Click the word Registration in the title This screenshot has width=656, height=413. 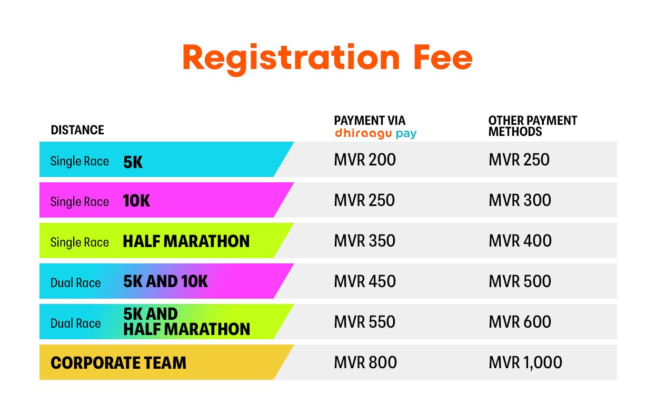291,59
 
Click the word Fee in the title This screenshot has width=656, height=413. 443,57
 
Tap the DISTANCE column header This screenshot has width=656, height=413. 77,130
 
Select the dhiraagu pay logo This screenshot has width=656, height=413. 375,134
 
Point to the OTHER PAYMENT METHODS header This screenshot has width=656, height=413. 532,126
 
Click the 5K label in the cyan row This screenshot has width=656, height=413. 133,162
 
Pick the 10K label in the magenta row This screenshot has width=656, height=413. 136,201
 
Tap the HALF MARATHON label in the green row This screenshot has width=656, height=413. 186,241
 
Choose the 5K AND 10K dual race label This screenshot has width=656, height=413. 165,281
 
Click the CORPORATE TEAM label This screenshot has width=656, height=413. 118,363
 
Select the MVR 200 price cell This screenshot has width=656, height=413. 365,160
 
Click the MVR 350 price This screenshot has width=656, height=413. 365,241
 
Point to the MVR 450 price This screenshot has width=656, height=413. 365,281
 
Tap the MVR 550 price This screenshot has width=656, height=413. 365,322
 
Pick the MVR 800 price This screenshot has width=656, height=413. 365,362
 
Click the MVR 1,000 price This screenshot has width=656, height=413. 525,363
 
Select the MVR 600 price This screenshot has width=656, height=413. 520,322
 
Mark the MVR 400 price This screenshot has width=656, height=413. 520,241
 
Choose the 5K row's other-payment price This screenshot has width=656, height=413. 519,160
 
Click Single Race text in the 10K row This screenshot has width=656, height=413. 79,202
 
